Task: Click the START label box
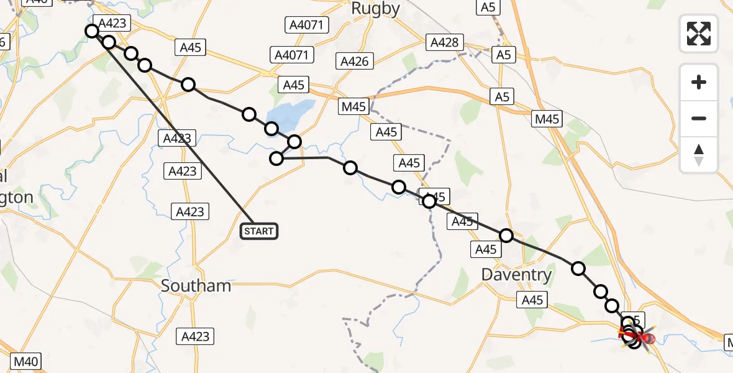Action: pos(259,232)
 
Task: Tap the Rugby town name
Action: pos(375,9)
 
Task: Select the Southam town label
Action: pos(196,285)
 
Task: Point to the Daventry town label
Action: pos(517,274)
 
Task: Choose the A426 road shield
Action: pos(355,61)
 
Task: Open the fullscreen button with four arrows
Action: pos(699,34)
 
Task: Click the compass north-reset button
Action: pos(699,155)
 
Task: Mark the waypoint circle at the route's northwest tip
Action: pos(93,31)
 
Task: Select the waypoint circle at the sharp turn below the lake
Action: pos(276,159)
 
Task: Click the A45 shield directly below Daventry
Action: pos(532,300)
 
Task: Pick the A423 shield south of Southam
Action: pos(196,337)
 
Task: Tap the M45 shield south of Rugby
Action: pos(354,106)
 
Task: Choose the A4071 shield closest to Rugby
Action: pos(307,25)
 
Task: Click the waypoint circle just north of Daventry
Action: pos(506,236)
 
